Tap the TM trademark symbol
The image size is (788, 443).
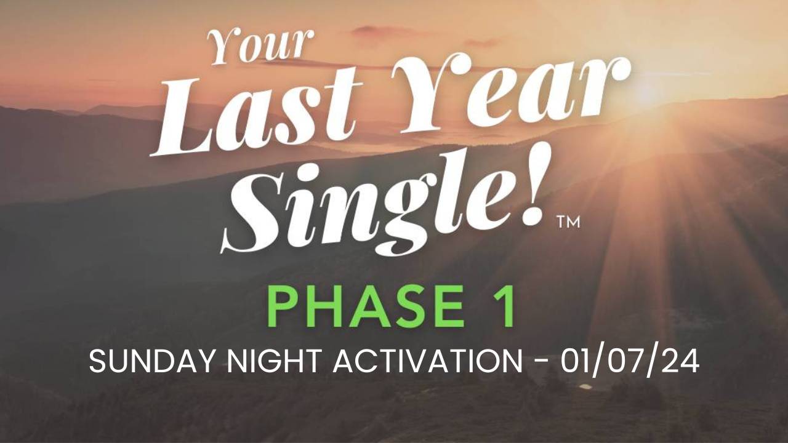point(568,223)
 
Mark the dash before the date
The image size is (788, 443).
point(541,362)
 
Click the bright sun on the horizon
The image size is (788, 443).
point(649,93)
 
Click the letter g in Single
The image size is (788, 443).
point(404,215)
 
